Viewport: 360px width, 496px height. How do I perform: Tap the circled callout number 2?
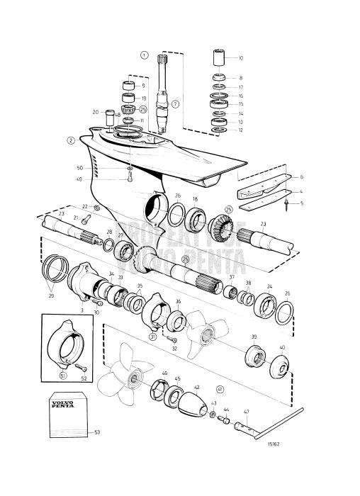coord(71,140)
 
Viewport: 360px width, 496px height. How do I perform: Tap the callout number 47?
coord(246,411)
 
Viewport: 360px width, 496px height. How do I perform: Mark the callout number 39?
coord(254,337)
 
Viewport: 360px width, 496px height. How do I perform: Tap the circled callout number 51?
coord(62,376)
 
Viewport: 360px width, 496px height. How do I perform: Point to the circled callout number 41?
coord(220,389)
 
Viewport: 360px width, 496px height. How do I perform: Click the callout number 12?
coord(240,130)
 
